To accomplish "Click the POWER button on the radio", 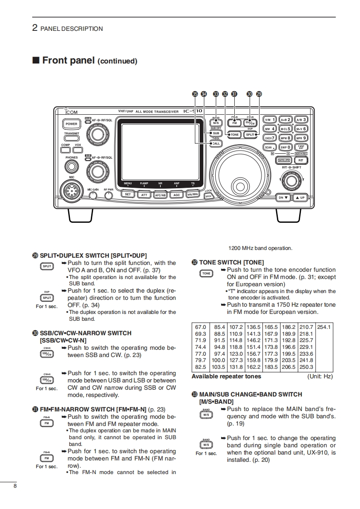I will point(71,123).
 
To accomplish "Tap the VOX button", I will point(78,150).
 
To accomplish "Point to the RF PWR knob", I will point(108,196).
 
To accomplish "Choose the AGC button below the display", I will point(176,195).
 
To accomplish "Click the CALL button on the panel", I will point(216,143).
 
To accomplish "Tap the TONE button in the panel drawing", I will point(234,135).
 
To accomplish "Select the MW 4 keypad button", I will point(270,129).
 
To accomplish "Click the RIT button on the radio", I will point(301,160).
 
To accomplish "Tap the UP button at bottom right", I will point(300,197).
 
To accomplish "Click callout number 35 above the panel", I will point(195,94).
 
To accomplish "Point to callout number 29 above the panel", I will point(259,94).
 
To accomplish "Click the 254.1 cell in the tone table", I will point(324,327).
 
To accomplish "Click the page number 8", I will point(15,486).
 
